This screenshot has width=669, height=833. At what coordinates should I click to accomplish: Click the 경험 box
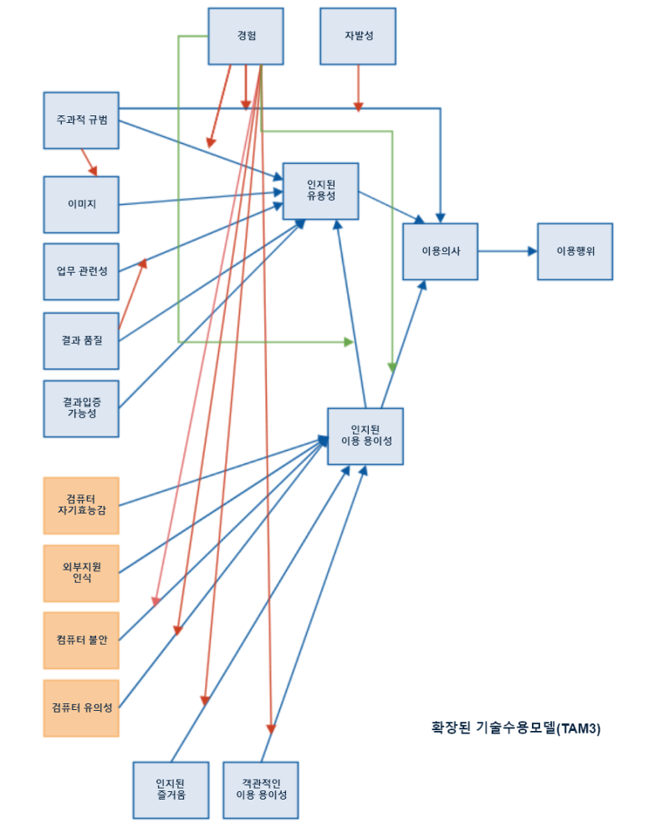(x=245, y=36)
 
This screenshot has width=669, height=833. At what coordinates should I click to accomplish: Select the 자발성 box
(x=358, y=36)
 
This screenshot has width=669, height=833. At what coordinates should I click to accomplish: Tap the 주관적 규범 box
(x=81, y=120)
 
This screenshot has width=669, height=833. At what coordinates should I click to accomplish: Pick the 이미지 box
(x=81, y=204)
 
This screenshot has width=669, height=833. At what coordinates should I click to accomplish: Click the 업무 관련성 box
(x=81, y=271)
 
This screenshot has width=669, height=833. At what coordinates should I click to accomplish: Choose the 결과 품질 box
(x=81, y=340)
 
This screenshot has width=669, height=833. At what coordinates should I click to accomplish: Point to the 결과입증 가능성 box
(x=81, y=408)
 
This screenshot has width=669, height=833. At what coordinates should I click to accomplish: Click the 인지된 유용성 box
(x=320, y=192)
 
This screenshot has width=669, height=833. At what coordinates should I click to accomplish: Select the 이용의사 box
(x=440, y=251)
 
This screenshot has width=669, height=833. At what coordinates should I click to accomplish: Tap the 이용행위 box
(x=575, y=251)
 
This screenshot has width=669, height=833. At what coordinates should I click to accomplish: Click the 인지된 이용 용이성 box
(x=365, y=436)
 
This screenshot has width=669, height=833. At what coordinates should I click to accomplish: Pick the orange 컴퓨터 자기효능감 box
(x=81, y=505)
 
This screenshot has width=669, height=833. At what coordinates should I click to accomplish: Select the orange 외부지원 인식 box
(x=81, y=573)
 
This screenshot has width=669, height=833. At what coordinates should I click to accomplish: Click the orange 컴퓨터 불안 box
(x=81, y=641)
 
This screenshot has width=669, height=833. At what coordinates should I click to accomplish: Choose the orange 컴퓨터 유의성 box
(x=81, y=708)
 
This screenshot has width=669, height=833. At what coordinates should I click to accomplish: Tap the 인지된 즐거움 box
(x=170, y=790)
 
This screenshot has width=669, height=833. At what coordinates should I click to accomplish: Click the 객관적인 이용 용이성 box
(x=261, y=790)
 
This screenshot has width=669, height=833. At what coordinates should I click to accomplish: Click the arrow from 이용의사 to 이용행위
(x=507, y=251)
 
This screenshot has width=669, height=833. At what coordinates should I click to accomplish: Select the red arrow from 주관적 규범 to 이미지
(x=89, y=162)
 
